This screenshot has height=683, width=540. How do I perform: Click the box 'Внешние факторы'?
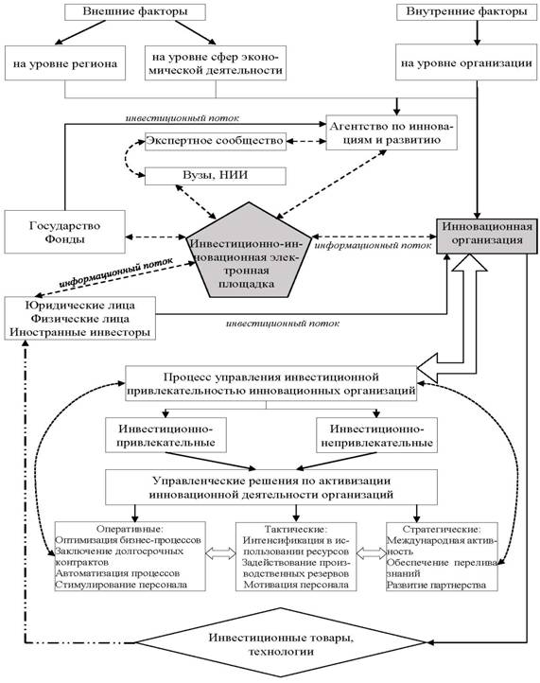(135, 11)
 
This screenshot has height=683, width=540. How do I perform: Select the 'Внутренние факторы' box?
(467, 11)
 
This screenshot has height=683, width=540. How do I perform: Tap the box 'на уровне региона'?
(65, 62)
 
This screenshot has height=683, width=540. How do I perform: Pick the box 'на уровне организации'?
(466, 61)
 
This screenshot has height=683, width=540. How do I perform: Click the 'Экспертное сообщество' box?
(216, 141)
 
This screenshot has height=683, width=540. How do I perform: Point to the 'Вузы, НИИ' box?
(216, 176)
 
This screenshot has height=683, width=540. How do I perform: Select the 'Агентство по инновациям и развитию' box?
(392, 132)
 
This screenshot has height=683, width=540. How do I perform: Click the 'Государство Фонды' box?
(65, 232)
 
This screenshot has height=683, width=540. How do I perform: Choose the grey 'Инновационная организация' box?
(487, 236)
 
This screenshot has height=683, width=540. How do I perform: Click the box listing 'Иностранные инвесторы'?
(80, 319)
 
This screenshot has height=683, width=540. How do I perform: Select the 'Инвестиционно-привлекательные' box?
(165, 435)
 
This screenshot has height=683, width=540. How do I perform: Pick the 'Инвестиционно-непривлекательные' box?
(376, 435)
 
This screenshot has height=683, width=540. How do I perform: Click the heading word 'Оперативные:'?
(130, 529)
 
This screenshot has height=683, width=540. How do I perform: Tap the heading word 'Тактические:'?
(296, 529)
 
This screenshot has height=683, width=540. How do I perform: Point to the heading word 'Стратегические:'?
(442, 529)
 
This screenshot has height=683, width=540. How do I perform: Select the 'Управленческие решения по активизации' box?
(271, 487)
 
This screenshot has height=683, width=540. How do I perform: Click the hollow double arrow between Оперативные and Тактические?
(220, 553)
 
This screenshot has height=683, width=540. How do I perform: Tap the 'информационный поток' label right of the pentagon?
(373, 245)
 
